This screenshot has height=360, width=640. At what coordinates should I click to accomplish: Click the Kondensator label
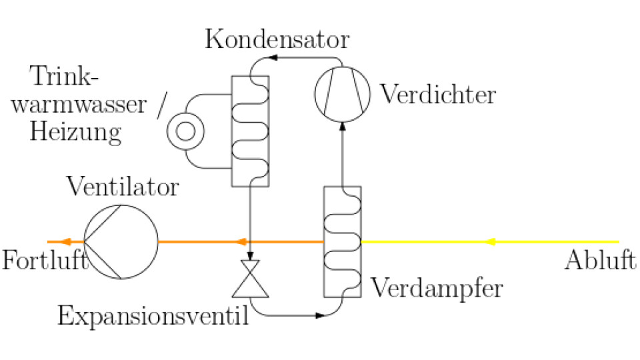click(277, 39)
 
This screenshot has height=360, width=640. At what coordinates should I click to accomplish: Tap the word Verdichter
click(438, 94)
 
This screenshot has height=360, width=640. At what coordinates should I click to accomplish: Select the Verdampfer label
click(436, 289)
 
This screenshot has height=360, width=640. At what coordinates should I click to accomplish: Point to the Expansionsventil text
click(153, 316)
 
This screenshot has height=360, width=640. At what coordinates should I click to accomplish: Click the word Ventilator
click(123, 187)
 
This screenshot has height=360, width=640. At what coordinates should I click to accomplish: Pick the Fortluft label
click(45, 260)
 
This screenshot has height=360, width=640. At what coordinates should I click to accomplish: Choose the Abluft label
click(600, 260)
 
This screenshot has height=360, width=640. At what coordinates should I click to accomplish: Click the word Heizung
click(75, 132)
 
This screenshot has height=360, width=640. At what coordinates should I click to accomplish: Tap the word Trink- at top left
click(64, 76)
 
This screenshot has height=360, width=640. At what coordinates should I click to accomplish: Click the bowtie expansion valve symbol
click(250, 279)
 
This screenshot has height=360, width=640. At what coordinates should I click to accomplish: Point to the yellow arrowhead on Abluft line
click(490, 241)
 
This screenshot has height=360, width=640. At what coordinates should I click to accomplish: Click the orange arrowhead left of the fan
click(67, 241)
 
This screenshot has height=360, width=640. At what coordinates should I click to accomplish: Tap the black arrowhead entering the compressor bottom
click(343, 126)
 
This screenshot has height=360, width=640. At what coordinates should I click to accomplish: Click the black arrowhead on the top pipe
click(273, 57)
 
